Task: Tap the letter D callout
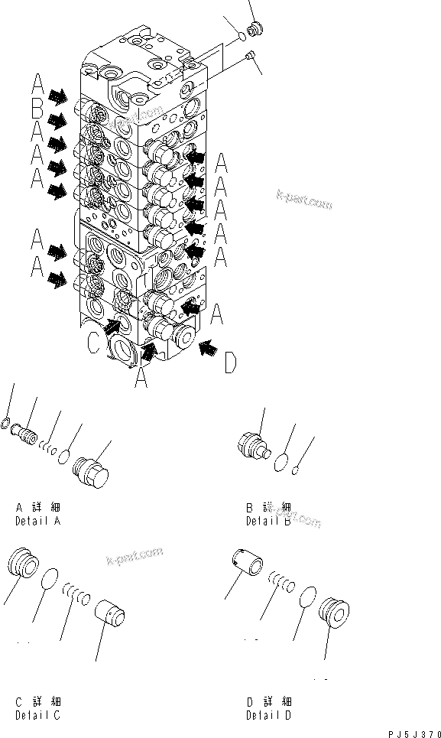tap(230, 362)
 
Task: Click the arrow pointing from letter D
tap(206, 349)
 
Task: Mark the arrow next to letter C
tap(111, 327)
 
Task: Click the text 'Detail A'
tap(37, 521)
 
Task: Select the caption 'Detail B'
tap(268, 521)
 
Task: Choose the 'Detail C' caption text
tap(37, 716)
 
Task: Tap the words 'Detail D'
tap(268, 716)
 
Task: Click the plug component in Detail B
tap(252, 447)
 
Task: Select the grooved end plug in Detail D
tap(335, 611)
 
